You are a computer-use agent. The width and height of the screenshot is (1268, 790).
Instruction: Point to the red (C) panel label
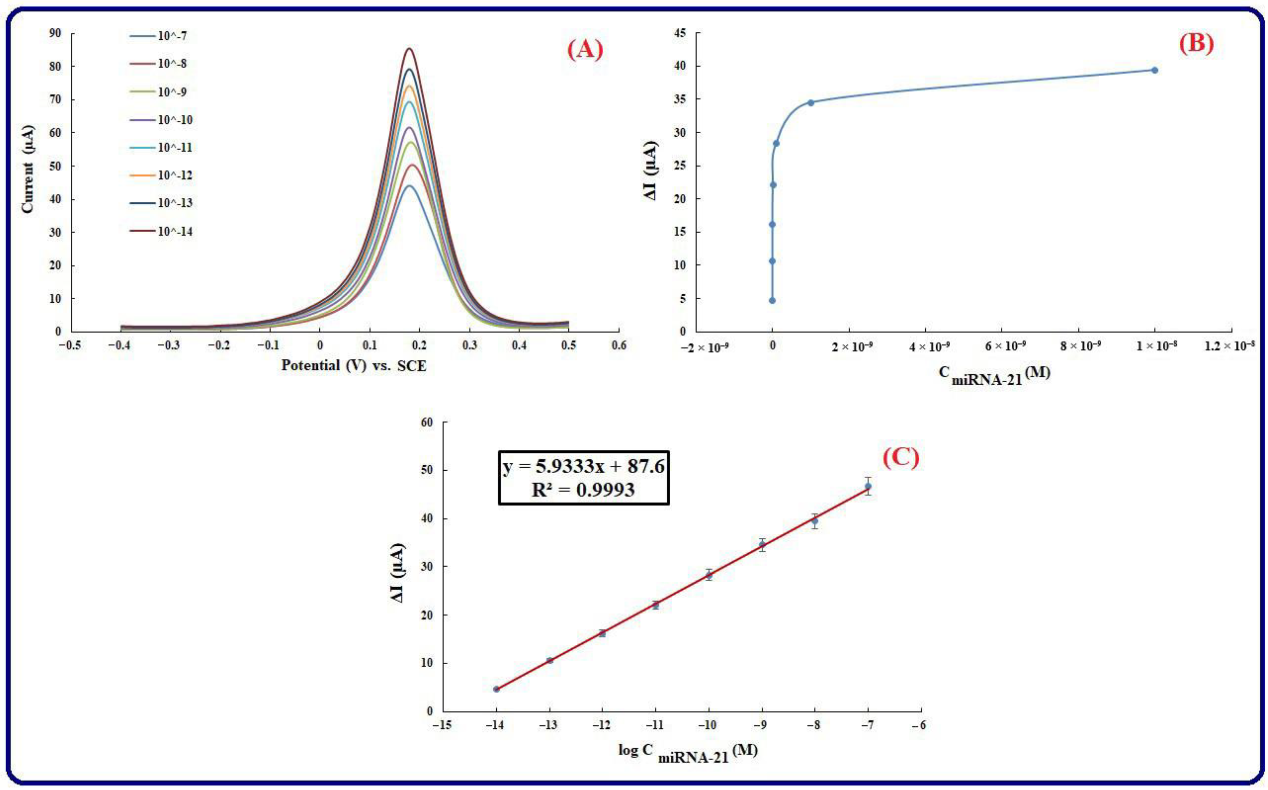[x=901, y=458]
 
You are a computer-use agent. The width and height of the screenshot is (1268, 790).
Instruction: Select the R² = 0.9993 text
[x=583, y=489]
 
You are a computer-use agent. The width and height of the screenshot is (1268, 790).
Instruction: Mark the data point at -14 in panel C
[x=496, y=689]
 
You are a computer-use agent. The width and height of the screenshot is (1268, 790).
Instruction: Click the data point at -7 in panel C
[x=868, y=486]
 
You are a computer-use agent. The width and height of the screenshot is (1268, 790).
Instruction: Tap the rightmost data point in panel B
[x=1155, y=70]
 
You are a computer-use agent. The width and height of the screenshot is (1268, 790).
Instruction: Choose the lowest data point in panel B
[x=772, y=301]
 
